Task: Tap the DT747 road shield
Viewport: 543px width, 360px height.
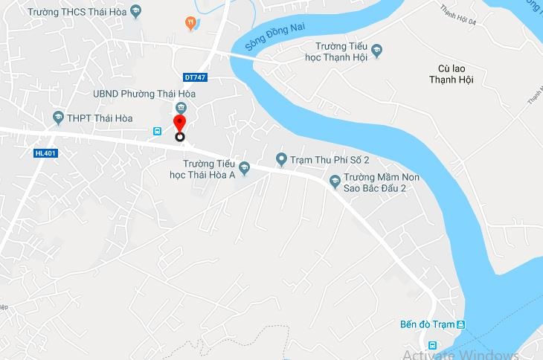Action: point(195,77)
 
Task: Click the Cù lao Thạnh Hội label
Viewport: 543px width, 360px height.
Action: point(452,74)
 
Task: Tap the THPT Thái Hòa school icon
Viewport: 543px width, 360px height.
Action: point(58,118)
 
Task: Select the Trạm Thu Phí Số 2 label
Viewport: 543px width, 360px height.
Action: point(330,158)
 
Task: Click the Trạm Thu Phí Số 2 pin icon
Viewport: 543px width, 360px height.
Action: point(281,158)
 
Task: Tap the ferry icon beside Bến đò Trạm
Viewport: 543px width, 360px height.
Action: point(462,324)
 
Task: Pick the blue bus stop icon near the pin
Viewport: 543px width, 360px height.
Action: point(158,131)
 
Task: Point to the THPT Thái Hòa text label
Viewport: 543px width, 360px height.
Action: point(100,118)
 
